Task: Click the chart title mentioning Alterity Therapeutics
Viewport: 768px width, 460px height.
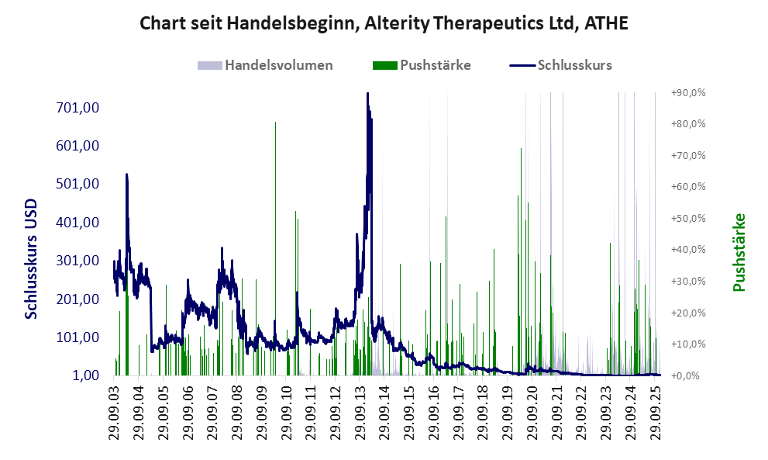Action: click(x=383, y=23)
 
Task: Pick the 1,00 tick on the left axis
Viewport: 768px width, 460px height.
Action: click(x=86, y=375)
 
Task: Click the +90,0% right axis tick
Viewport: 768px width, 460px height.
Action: click(x=687, y=92)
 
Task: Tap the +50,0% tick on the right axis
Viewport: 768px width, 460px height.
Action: click(x=687, y=218)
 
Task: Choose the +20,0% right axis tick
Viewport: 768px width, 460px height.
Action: click(x=687, y=313)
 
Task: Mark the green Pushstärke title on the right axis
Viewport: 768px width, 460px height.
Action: click(x=739, y=253)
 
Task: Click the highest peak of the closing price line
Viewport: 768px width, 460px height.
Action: click(x=367, y=95)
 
